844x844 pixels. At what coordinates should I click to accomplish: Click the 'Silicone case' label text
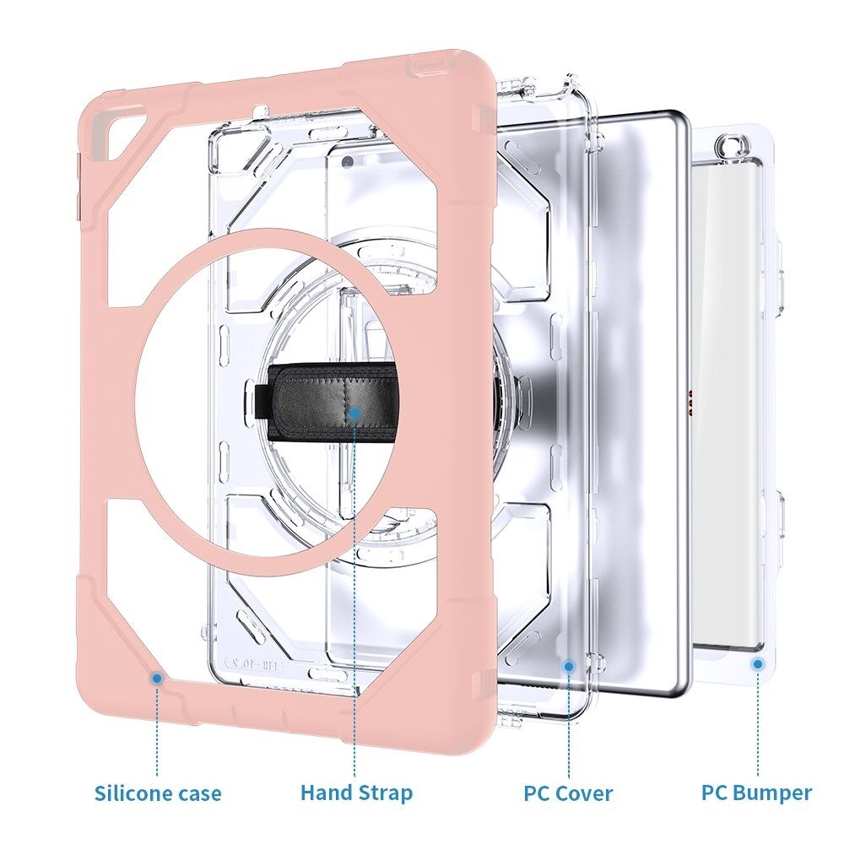click(158, 793)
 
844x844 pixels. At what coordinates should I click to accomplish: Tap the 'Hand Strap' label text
click(356, 793)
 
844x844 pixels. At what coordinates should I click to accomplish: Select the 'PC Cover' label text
click(568, 793)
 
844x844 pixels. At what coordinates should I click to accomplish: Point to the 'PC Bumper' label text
click(756, 793)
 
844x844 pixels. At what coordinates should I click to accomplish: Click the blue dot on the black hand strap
click(354, 412)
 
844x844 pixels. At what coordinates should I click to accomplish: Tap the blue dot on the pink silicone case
click(156, 677)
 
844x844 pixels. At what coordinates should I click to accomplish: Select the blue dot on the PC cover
click(568, 666)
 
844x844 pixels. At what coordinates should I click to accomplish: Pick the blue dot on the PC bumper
click(757, 664)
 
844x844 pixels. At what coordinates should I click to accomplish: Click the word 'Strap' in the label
click(384, 793)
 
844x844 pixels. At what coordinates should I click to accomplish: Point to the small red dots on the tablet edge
click(691, 404)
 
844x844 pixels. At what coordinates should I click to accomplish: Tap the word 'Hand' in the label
click(326, 793)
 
